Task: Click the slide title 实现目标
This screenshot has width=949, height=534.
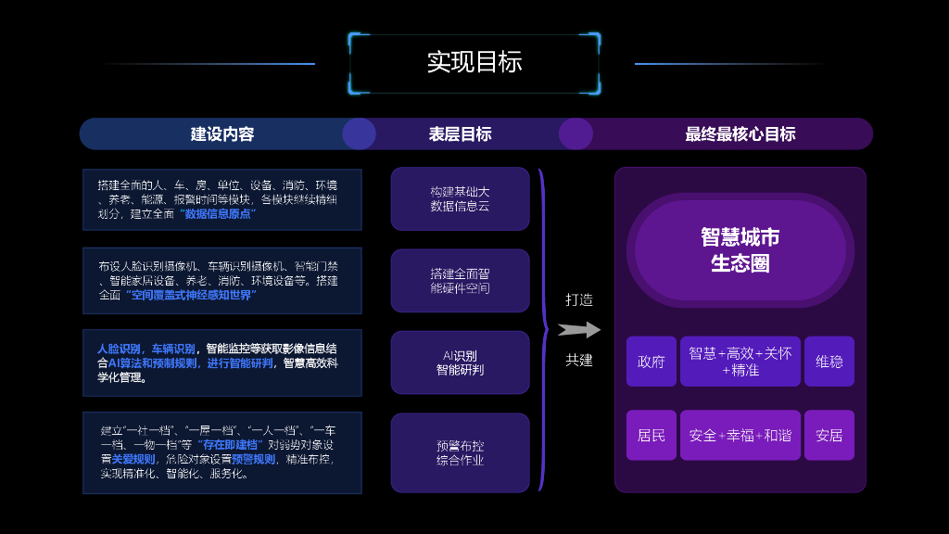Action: [474, 62]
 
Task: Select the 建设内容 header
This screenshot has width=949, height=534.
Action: [222, 133]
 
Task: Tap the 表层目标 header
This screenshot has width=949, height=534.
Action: [460, 133]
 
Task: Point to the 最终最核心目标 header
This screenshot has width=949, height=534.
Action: [740, 133]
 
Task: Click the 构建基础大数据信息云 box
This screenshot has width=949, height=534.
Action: [460, 198]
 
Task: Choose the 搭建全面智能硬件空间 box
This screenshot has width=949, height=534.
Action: [460, 281]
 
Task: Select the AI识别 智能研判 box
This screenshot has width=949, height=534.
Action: [460, 362]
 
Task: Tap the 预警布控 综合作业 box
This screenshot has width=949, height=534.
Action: [460, 452]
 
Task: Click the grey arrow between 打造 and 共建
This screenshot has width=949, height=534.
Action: [578, 330]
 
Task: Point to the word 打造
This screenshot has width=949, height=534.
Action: [579, 299]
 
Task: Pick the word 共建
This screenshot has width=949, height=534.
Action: [579, 360]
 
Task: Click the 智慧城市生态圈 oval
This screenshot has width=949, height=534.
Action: [740, 249]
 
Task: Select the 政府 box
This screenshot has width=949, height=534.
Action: [652, 362]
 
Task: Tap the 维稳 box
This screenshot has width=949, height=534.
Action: [829, 362]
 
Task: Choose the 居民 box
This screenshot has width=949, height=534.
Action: [652, 435]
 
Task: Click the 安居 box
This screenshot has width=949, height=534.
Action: [829, 435]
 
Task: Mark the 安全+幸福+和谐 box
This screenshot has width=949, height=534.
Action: [740, 435]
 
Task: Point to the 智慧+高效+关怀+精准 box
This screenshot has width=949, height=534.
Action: [740, 362]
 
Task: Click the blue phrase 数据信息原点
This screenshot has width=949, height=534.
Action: [219, 213]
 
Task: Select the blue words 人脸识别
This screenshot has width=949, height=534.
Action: [120, 349]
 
